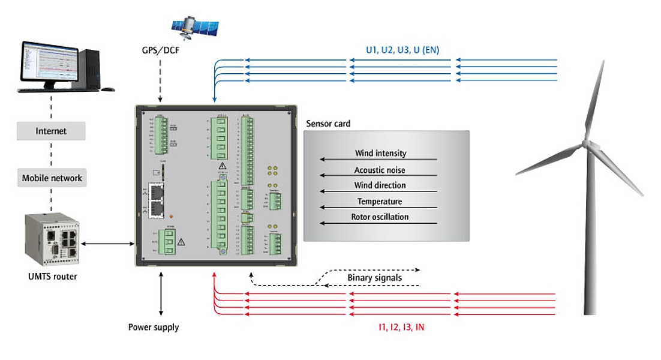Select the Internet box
click(51, 131)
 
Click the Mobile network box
click(52, 178)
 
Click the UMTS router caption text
click(52, 277)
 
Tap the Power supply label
click(154, 328)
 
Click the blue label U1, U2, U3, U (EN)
click(402, 50)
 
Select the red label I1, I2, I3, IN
click(401, 328)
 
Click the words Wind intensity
click(380, 154)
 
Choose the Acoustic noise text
click(380, 170)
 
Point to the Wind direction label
click(380, 185)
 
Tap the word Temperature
click(380, 202)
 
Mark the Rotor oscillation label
click(380, 217)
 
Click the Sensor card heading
click(328, 124)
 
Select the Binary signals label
click(374, 278)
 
